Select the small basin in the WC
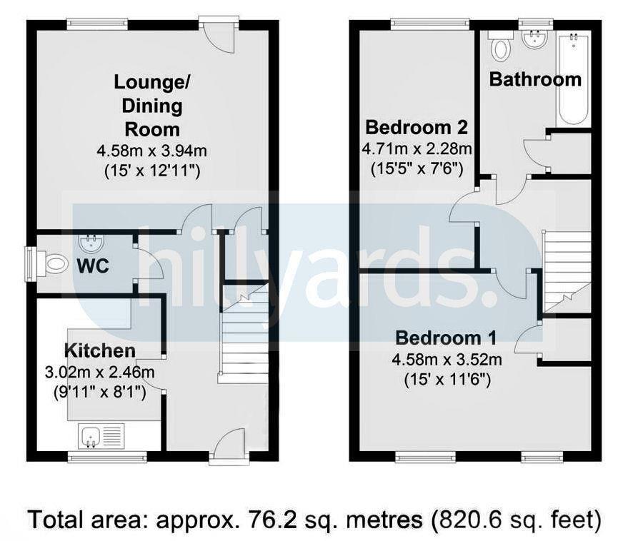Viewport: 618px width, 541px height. pos(91,244)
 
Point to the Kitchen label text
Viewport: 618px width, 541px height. pos(99,350)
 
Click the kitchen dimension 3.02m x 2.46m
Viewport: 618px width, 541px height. pos(99,371)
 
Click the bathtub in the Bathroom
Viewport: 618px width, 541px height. pos(574,79)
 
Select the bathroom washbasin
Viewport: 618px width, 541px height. pos(532,40)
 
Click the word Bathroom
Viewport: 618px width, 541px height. pos(535,79)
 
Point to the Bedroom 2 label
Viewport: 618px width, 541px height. pos(417,128)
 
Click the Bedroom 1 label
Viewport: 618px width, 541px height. pos(447,338)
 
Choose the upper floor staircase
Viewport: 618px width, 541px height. pos(567,271)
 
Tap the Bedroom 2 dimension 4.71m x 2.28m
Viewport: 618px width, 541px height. pos(417,149)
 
